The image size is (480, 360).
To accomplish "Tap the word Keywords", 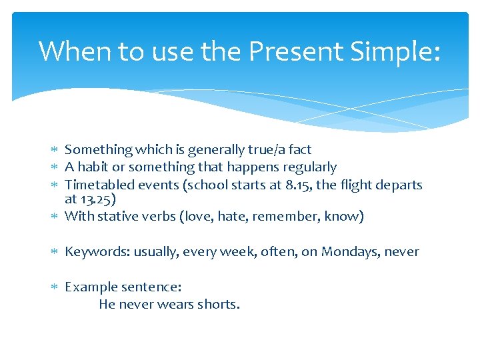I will pyautogui.click(x=97, y=251).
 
